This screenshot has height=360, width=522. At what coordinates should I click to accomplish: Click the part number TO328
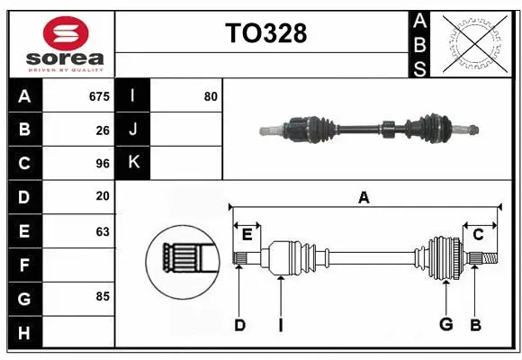point(265,33)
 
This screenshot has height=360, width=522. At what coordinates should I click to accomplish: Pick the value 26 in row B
point(103,130)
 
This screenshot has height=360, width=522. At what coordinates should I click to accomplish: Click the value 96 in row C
point(103,164)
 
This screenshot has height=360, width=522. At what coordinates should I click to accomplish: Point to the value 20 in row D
point(103,197)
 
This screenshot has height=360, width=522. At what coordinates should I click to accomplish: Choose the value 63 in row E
point(103,231)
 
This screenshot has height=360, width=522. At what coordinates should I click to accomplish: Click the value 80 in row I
point(211,96)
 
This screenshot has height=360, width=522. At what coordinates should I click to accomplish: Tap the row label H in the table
point(24,334)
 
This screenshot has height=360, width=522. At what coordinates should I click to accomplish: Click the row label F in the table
point(24,265)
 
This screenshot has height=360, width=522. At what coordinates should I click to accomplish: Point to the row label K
point(132,163)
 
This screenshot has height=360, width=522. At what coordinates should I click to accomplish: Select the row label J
point(132,130)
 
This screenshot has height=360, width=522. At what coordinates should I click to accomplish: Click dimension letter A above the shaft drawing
point(364,197)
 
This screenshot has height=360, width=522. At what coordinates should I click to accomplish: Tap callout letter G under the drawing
point(445,325)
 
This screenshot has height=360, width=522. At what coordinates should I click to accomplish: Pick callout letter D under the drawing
point(239,325)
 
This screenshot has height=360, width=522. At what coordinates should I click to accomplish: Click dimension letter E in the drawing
point(247,235)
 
